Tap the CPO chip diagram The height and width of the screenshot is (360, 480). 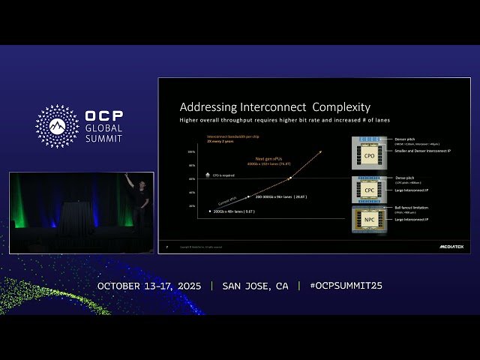tap(370, 155)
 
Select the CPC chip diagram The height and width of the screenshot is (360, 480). tap(370, 190)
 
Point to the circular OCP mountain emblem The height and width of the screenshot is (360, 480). tap(58, 126)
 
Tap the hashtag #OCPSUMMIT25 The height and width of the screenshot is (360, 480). tap(346, 286)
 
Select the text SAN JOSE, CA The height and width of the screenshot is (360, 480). tap(255, 286)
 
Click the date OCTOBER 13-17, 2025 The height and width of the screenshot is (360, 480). tap(150, 286)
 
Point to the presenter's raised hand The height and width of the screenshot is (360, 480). tap(127, 177)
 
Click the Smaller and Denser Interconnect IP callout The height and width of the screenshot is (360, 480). tap(422, 150)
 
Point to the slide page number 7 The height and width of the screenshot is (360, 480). tap(166, 246)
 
